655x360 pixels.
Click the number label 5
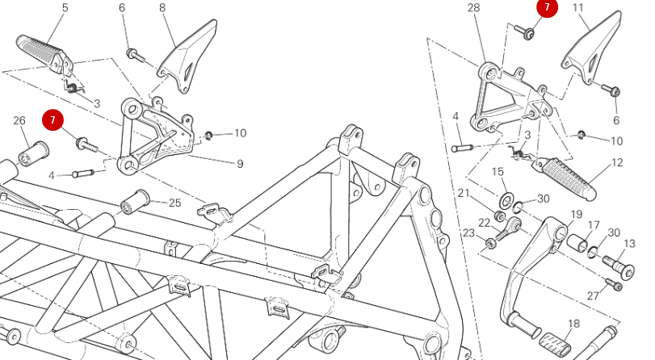point(65,8)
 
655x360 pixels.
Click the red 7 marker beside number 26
point(53,121)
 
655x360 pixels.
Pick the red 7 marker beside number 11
point(547,8)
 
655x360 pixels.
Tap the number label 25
point(174,203)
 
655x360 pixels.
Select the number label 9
point(240,165)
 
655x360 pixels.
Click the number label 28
point(473,8)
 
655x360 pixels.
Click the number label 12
point(617,163)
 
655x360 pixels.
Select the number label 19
point(577,214)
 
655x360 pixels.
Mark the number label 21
point(464,194)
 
